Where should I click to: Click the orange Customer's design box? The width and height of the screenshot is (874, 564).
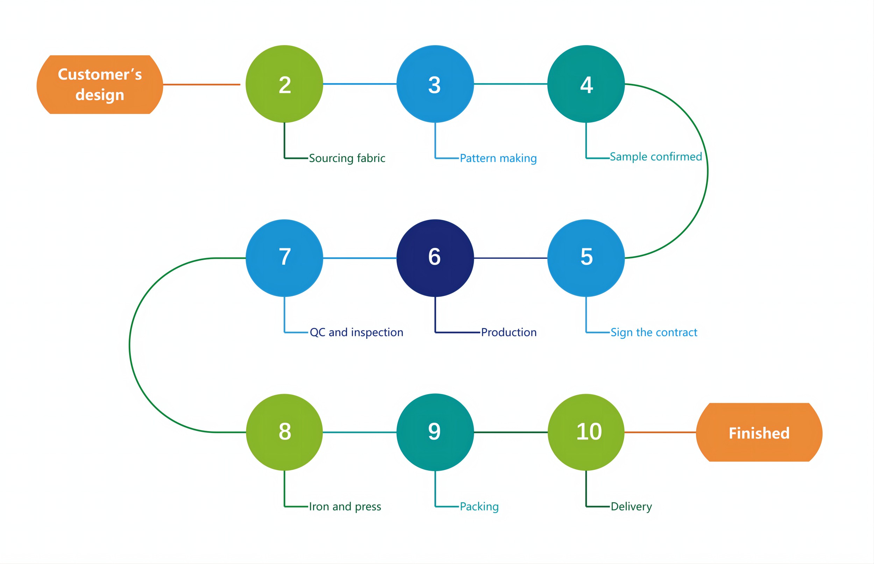100,85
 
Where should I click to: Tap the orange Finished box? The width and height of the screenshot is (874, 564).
759,433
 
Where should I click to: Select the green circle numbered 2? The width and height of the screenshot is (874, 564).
284,84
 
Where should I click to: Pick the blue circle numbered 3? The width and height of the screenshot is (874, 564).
435,84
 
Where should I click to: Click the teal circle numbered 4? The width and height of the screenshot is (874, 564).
586,84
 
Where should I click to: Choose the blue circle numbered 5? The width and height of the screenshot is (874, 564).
586,258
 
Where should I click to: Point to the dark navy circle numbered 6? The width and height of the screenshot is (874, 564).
435,258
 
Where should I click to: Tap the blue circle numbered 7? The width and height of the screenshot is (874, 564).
284,258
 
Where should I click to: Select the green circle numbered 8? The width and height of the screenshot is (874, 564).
284,432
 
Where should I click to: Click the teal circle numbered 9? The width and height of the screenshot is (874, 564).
435,432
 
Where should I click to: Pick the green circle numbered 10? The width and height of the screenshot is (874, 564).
586,432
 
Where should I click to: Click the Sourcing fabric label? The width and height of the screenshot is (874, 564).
347,158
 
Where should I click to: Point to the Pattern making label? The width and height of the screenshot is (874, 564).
498,158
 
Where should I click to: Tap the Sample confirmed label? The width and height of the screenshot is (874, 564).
656,157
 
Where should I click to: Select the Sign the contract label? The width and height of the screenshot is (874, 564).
654,332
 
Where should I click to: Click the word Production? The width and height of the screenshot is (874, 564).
509,332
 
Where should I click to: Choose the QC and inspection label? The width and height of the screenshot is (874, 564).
356,332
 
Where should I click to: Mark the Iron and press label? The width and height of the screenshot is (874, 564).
345,507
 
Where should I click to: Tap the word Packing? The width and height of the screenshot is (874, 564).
479,507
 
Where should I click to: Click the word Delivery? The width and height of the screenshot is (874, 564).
631,507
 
